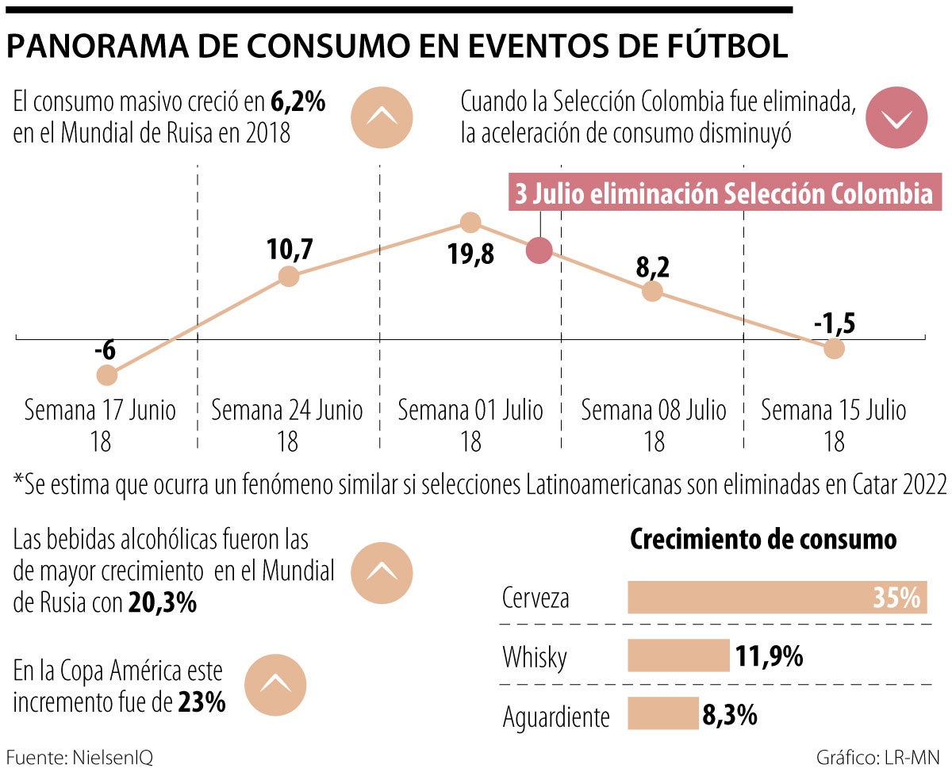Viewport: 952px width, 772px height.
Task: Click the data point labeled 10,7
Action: click(x=289, y=277)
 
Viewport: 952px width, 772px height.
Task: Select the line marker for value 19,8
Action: click(x=470, y=222)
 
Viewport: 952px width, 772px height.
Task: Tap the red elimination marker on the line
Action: click(x=539, y=250)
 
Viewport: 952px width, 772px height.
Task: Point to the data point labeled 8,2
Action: click(x=651, y=291)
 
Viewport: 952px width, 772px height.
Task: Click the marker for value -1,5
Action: click(x=833, y=348)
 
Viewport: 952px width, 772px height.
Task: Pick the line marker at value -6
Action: click(x=106, y=374)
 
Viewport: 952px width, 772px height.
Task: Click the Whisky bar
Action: click(x=678, y=656)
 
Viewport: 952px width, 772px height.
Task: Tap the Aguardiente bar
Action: click(x=662, y=713)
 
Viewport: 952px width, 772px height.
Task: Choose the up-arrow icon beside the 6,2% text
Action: click(x=382, y=117)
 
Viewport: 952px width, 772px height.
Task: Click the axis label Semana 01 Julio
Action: click(x=470, y=411)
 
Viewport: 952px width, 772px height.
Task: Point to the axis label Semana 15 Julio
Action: click(x=834, y=411)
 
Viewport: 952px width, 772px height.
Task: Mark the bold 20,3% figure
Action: click(x=162, y=603)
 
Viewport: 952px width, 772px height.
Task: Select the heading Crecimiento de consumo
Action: click(x=762, y=539)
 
